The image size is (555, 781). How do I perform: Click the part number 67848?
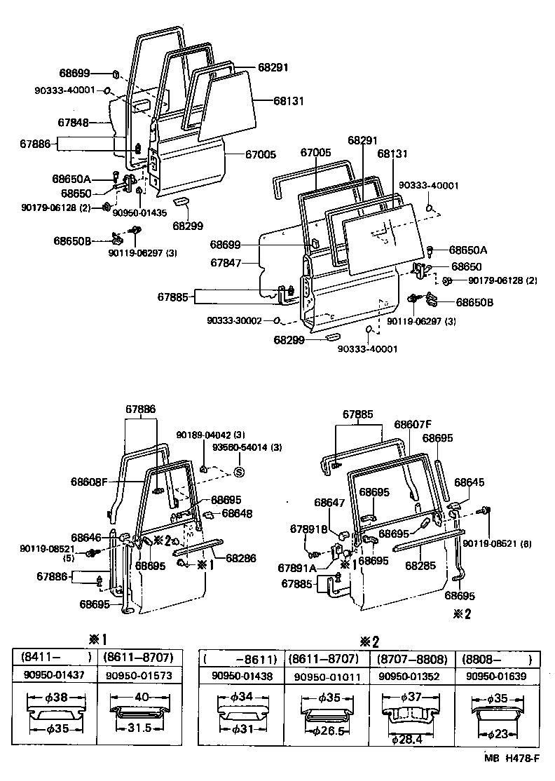[x=73, y=122]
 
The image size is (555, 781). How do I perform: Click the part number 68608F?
[x=90, y=482]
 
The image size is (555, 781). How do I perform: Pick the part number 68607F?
[x=413, y=424]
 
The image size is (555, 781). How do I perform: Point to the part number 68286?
[x=241, y=558]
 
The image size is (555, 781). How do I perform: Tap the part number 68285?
[x=420, y=565]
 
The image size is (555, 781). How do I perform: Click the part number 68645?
[x=469, y=482]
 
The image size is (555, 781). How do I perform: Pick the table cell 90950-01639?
[x=498, y=676]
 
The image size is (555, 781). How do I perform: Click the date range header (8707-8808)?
[x=411, y=660]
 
